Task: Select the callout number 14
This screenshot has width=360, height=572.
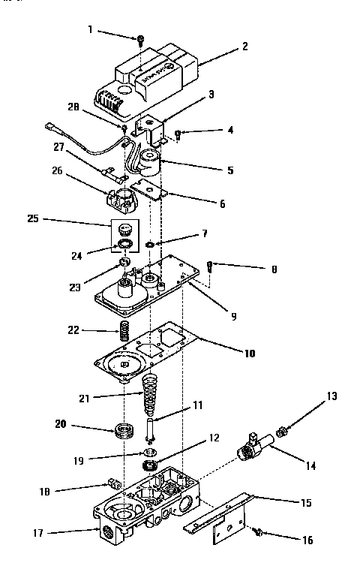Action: pyautogui.click(x=311, y=466)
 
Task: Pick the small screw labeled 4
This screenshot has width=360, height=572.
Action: pyautogui.click(x=178, y=134)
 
